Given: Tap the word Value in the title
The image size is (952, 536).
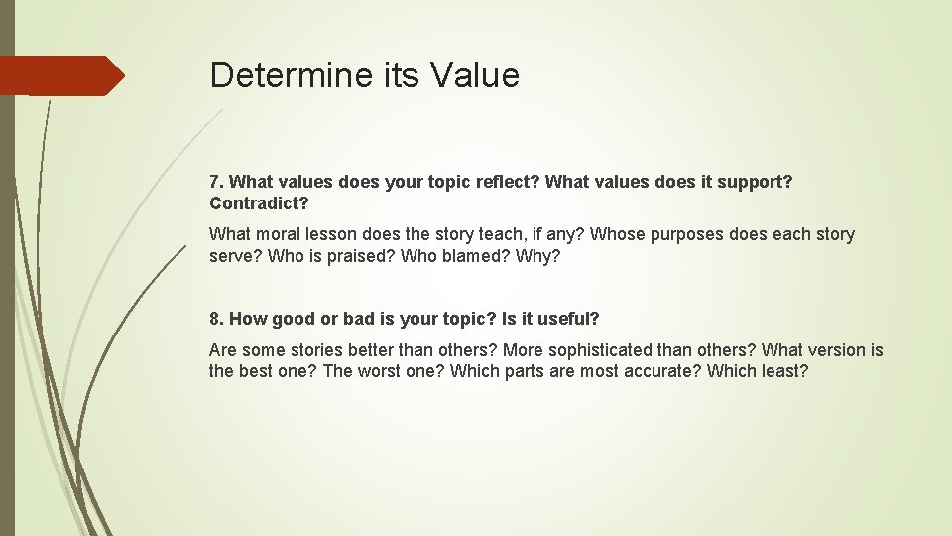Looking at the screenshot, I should pos(474,75).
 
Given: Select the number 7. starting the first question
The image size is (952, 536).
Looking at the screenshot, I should pos(217,183).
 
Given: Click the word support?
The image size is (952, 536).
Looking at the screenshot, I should pos(757,183).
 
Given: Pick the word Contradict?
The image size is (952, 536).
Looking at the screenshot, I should pos(259,203).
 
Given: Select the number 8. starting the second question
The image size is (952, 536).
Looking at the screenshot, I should pos(217,319).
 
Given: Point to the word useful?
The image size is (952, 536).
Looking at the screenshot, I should pos(567,319).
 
